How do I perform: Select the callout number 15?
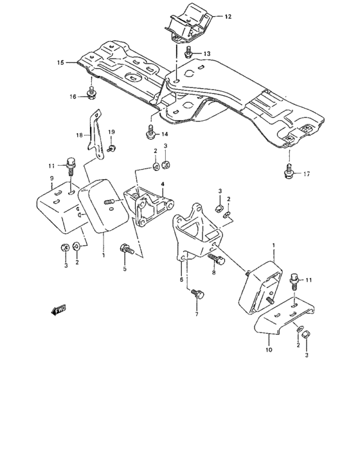point(60,62)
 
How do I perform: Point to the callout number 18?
point(79,136)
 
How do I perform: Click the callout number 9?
point(51,177)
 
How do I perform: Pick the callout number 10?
point(269,351)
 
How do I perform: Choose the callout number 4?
point(163,184)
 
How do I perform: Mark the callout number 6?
point(181,280)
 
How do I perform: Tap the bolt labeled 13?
point(188,51)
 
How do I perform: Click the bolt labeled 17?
point(289,170)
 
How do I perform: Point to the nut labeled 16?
point(91,96)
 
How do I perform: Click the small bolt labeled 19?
point(111,148)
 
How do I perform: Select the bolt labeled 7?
point(196,296)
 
